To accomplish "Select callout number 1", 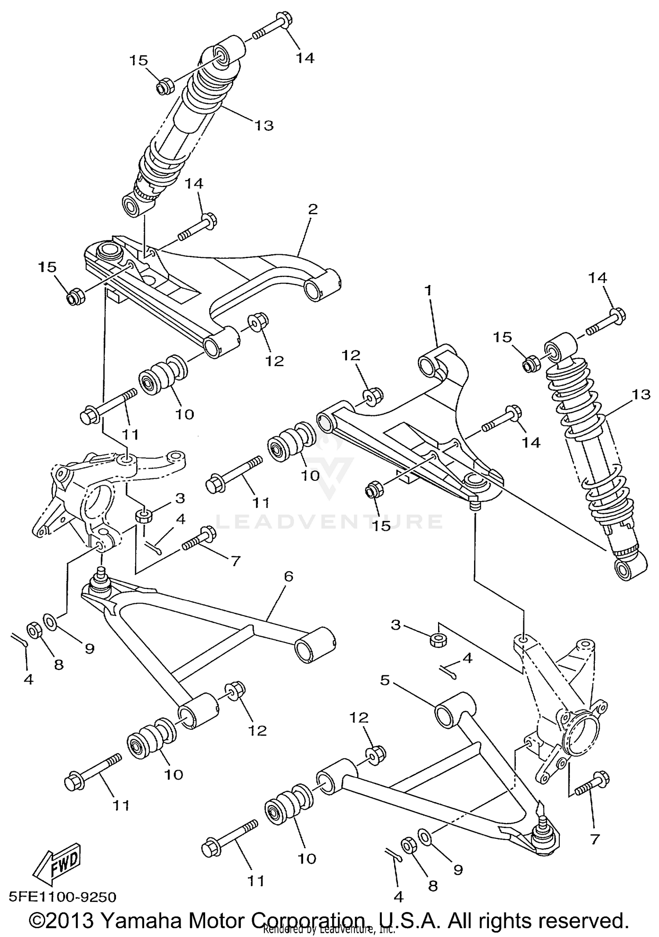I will (428, 290).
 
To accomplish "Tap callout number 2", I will (312, 209).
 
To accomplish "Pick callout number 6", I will (288, 576).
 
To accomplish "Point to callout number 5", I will (385, 681).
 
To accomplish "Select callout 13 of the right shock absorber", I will (641, 394).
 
